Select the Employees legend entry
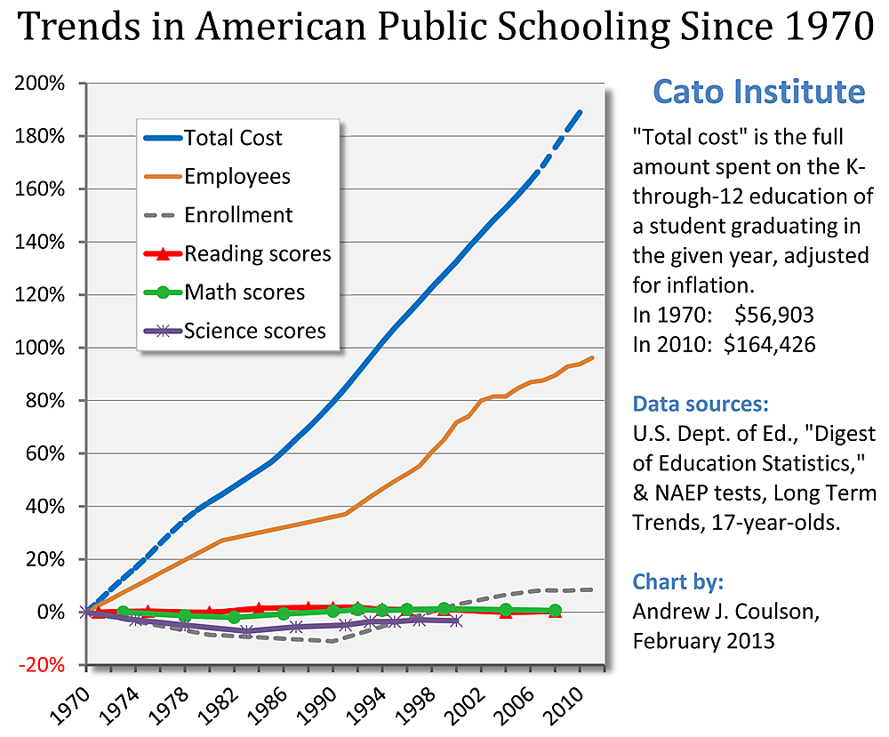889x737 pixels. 236,176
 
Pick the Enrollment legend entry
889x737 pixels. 237,215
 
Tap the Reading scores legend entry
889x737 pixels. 257,254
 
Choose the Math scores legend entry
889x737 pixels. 244,292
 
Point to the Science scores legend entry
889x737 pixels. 254,332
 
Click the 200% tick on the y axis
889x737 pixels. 40,84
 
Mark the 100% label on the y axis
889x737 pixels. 40,348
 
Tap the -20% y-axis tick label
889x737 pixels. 42,665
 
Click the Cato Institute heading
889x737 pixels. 758,92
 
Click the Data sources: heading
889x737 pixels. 701,405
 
